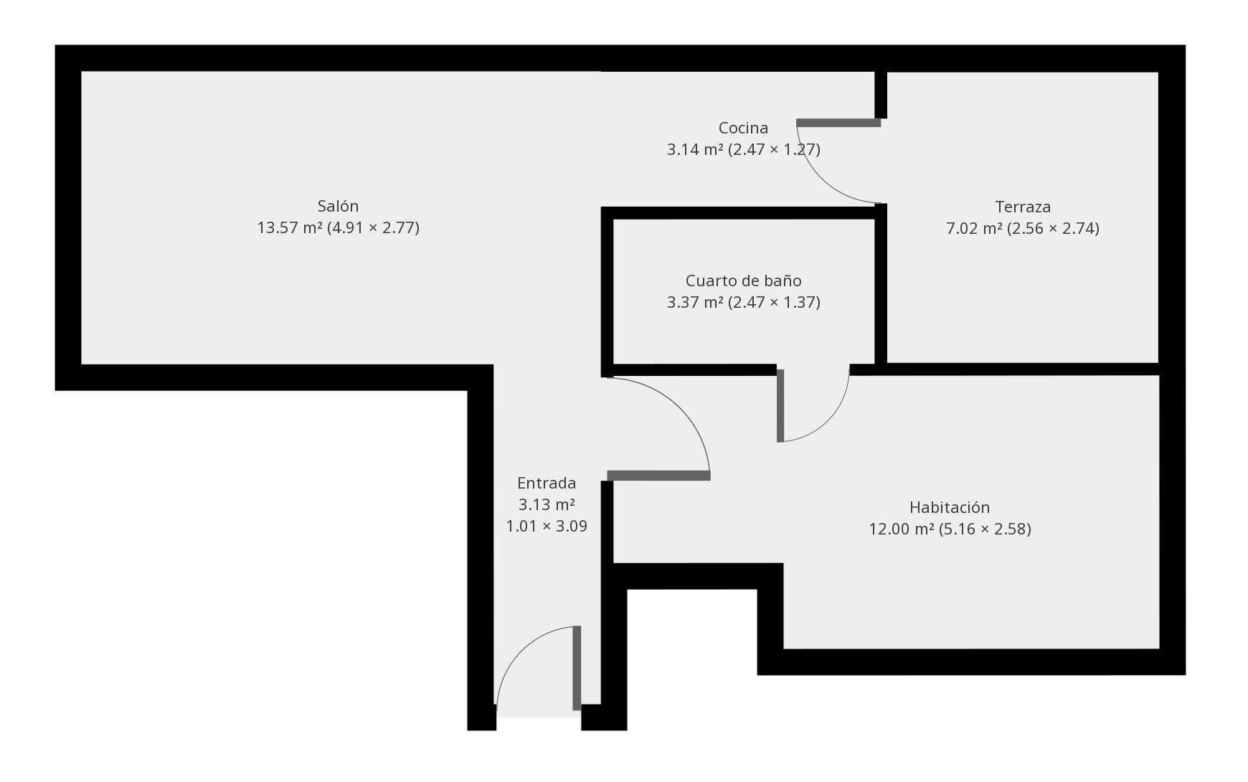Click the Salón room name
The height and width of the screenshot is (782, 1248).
[338, 207]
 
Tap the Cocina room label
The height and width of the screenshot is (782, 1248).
[743, 128]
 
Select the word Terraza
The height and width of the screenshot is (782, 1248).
[1023, 207]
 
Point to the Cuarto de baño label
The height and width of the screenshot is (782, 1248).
[743, 281]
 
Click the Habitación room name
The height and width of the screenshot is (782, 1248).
[950, 508]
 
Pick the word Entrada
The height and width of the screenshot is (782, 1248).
[547, 484]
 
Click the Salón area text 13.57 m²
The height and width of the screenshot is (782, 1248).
[290, 228]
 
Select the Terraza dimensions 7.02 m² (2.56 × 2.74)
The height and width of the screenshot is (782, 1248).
[1023, 229]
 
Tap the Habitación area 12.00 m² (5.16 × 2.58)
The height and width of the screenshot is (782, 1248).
[950, 529]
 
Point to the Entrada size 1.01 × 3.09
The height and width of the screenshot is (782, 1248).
[547, 527]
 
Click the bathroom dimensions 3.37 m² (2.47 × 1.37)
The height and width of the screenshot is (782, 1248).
[743, 303]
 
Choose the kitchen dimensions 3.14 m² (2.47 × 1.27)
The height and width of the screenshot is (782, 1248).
[743, 150]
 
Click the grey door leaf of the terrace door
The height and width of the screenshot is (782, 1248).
[838, 123]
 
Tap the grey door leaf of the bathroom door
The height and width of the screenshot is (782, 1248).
[780, 405]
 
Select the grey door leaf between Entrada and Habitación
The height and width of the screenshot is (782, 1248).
[658, 476]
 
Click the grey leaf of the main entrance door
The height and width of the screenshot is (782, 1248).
[577, 668]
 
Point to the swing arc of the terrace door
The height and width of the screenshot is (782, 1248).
[818, 183]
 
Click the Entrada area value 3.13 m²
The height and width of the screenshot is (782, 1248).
[547, 505]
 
